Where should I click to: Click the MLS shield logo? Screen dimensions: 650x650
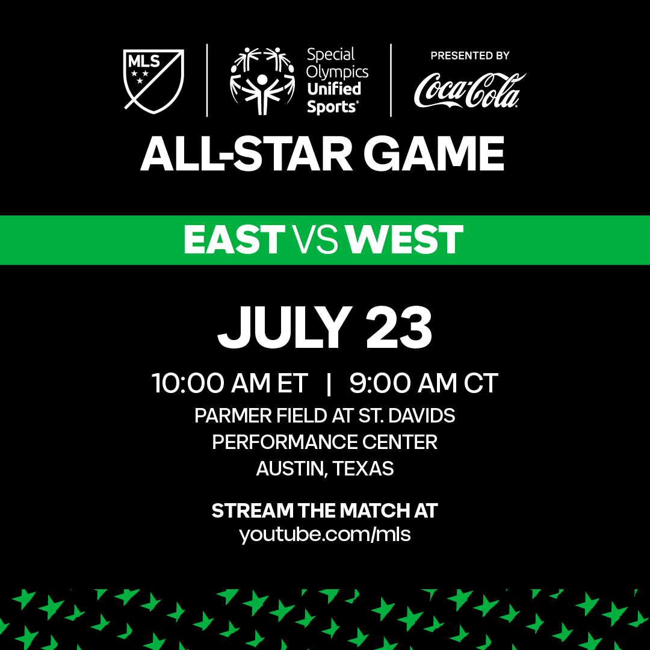(x=153, y=81)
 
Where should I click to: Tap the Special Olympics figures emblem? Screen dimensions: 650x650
(x=262, y=81)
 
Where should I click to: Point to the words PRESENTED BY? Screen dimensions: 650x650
(x=469, y=55)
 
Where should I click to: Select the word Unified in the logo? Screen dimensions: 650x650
(x=334, y=90)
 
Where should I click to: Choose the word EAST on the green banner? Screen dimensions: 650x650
(x=234, y=240)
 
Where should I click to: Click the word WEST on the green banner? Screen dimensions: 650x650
(x=405, y=240)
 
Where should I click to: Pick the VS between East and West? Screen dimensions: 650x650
(x=314, y=240)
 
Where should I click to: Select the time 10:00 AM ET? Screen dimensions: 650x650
(x=229, y=383)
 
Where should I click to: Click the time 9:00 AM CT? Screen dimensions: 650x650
(x=424, y=383)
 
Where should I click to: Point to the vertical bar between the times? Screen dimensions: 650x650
(x=329, y=383)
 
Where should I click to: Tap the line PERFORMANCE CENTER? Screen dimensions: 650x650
(x=325, y=442)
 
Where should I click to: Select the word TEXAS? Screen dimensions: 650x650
(x=364, y=468)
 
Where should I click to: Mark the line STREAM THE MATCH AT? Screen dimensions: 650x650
(x=325, y=510)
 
